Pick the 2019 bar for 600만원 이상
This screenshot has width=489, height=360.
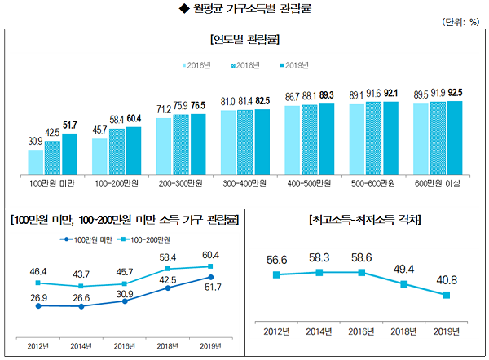455,137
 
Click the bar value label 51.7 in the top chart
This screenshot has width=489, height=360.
69,125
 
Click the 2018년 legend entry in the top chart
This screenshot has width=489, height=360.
245,64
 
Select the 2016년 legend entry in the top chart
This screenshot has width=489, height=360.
196,64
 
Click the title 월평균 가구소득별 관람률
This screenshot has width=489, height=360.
245,8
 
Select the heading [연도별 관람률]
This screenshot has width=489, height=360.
244,39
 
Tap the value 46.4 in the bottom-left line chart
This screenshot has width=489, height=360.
38,270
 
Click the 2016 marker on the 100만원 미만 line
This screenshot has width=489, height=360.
124,301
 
